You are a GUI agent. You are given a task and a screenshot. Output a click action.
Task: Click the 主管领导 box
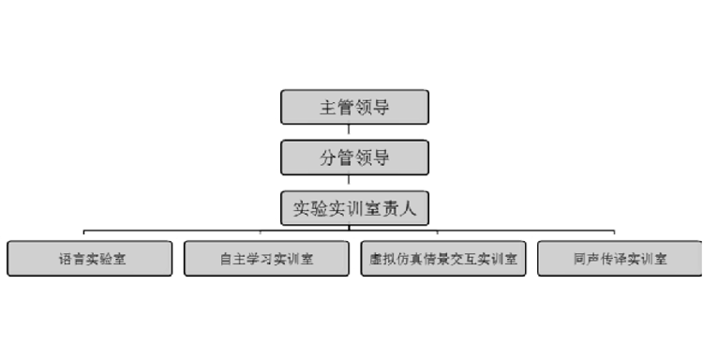[x=354, y=107]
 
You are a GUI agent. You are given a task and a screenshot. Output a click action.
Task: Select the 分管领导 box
[x=354, y=157]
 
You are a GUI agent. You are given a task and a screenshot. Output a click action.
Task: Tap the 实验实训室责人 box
[x=354, y=207]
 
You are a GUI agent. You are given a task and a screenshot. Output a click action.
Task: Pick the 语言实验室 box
[x=90, y=259]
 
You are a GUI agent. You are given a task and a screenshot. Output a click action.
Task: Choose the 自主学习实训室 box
[x=267, y=259]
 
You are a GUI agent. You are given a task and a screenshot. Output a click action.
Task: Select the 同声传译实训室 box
[x=620, y=259]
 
